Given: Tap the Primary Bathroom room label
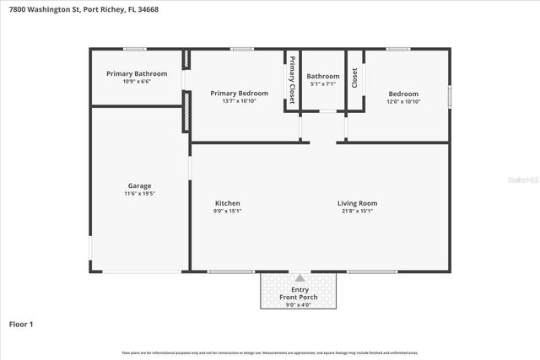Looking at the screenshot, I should [x=137, y=73].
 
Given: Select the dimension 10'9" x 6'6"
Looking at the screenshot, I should [x=137, y=82].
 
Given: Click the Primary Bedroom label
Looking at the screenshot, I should [x=240, y=94].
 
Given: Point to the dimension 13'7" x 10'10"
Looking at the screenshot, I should [x=240, y=102].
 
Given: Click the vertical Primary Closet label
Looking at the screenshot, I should [x=292, y=80].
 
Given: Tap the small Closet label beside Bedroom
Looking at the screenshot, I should [x=355, y=78].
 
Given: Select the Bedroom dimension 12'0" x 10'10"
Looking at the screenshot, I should [x=403, y=102].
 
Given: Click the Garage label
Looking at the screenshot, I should [x=139, y=185].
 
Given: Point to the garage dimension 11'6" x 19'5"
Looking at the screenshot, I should [x=139, y=194].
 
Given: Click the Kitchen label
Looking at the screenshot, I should [x=228, y=203].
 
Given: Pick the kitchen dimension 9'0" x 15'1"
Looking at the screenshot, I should [x=228, y=212].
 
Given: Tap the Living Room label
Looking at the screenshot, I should [x=357, y=203].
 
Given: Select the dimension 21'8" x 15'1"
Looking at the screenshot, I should [x=357, y=212].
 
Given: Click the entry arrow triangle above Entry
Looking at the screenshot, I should [x=300, y=278].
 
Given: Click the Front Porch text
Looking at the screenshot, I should [x=300, y=298].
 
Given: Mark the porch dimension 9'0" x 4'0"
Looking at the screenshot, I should [x=300, y=304].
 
